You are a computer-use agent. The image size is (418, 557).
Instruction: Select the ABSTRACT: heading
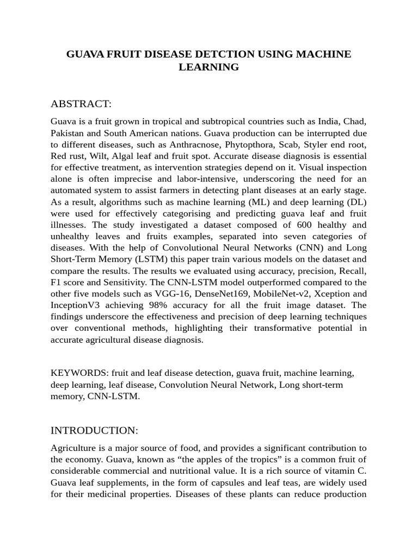(x=81, y=104)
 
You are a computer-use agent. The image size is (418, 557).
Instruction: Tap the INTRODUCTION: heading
(x=95, y=430)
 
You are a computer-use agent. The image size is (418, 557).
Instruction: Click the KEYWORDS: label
(x=79, y=373)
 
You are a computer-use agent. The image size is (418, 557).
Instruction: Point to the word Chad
(x=354, y=121)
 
